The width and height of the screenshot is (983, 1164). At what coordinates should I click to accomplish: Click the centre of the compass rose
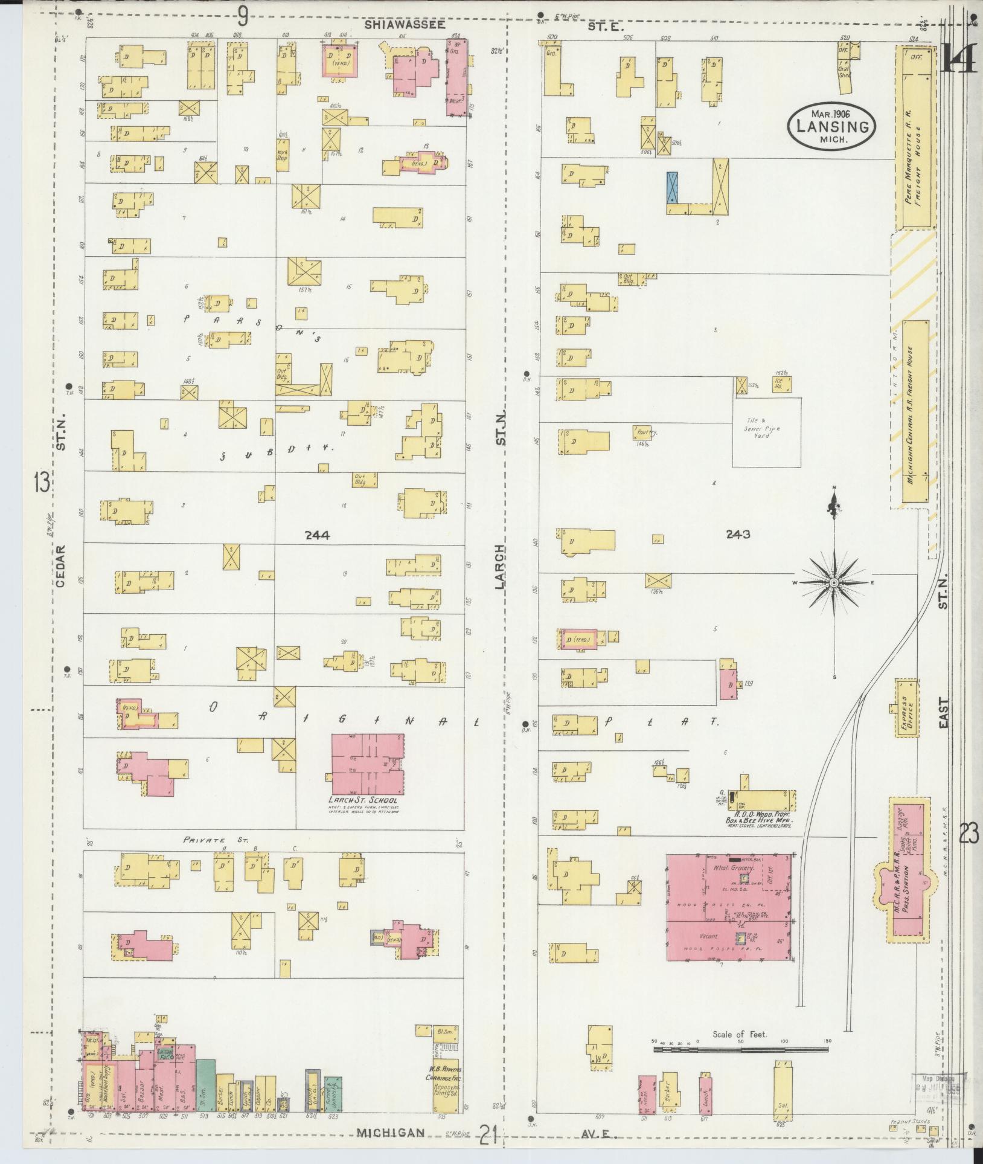pos(833,582)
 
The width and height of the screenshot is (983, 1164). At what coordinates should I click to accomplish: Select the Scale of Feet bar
pos(740,627)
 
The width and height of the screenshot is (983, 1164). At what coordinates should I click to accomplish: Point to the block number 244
pos(317,535)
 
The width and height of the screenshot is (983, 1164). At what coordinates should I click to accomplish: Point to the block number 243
pos(738,534)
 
